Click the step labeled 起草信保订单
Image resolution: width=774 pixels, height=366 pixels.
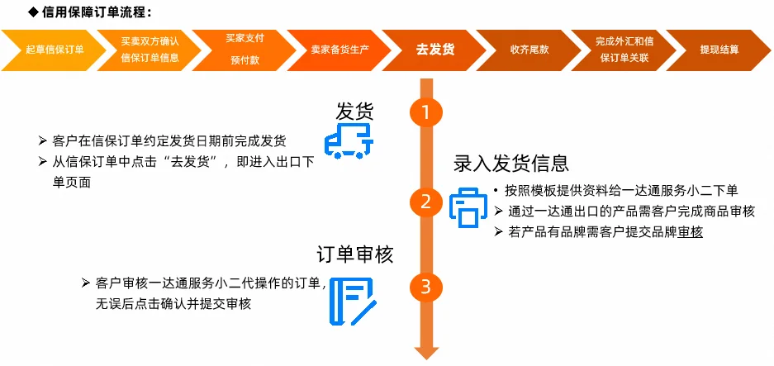(x=54, y=50)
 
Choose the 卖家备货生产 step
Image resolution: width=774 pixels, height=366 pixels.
(x=334, y=50)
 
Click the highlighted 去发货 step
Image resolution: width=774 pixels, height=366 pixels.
(x=432, y=50)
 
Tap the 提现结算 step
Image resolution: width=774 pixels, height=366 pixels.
(x=718, y=50)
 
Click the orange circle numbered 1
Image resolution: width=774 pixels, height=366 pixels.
(x=426, y=112)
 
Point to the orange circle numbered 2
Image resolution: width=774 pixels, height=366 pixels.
(x=426, y=202)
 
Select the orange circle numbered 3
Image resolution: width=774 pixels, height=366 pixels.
(x=426, y=287)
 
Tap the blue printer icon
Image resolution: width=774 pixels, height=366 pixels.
(x=468, y=207)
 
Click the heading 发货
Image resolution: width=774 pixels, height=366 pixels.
(x=354, y=111)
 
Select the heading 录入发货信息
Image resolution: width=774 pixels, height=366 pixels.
(x=511, y=163)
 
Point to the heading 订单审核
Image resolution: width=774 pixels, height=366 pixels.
(x=355, y=254)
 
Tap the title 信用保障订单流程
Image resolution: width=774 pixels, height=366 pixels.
(x=96, y=12)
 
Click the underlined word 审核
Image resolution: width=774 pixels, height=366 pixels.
(x=691, y=232)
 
